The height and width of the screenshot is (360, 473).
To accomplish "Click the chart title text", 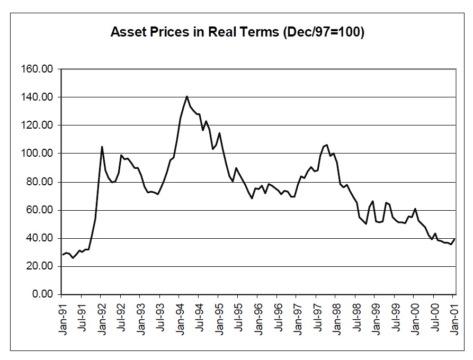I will (x=237, y=32).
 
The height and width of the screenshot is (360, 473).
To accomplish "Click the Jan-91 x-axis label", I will (x=62, y=316).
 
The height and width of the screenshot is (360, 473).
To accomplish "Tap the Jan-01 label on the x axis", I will (x=454, y=316).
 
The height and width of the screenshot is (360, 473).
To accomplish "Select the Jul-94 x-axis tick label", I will (x=199, y=316).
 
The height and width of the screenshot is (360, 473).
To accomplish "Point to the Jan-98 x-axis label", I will (x=337, y=316).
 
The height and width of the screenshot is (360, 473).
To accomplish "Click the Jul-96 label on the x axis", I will (x=278, y=316).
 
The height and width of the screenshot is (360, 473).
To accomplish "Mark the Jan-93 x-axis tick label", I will (x=140, y=316).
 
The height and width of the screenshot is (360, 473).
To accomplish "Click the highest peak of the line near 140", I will (x=187, y=96).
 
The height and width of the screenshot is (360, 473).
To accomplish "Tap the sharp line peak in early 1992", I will (x=102, y=147).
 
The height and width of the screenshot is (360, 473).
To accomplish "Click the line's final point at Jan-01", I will (x=454, y=239).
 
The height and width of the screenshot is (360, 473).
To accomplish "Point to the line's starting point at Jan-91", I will (x=62, y=255).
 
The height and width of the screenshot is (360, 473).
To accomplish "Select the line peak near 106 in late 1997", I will (x=327, y=145).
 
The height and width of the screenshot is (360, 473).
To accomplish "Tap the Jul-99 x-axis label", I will (x=396, y=316).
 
